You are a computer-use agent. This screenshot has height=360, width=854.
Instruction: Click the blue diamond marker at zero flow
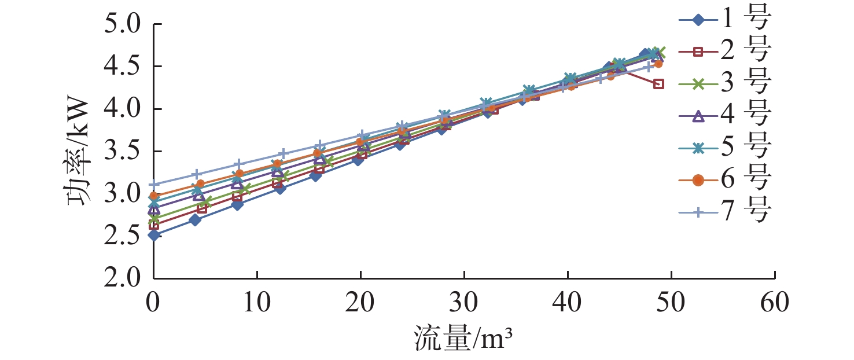pyautogui.click(x=153, y=235)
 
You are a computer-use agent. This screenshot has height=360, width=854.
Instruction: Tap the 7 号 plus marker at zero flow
pyautogui.click(x=153, y=185)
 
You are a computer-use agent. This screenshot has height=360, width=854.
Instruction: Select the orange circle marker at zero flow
pyautogui.click(x=153, y=197)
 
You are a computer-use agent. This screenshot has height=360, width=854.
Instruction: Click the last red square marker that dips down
pyautogui.click(x=658, y=84)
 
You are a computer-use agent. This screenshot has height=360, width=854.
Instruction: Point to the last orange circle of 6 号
pyautogui.click(x=658, y=64)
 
